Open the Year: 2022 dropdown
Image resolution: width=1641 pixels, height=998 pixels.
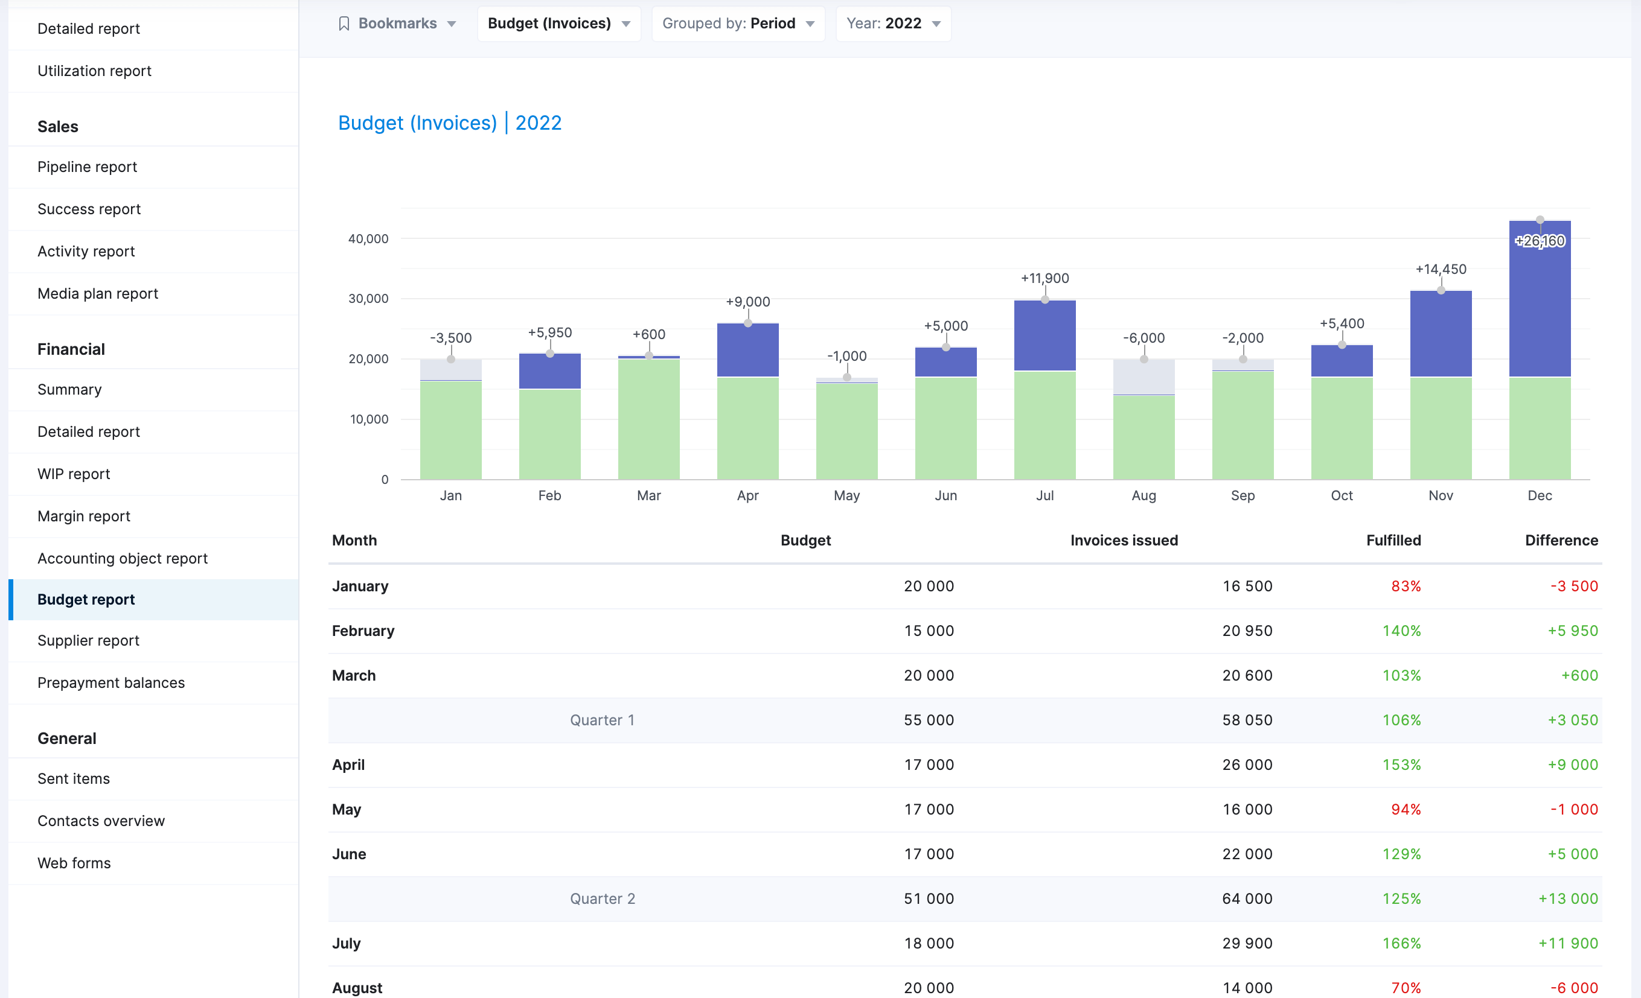tap(892, 24)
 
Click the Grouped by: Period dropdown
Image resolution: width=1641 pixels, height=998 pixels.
tap(738, 24)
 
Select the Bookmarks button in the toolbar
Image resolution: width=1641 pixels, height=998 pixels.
tap(397, 24)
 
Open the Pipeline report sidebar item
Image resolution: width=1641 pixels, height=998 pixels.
tap(88, 167)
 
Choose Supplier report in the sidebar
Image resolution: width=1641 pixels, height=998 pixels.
tap(89, 640)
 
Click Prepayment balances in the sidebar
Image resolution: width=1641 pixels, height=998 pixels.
tap(111, 682)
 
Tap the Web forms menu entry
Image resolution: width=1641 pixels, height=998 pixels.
tap(74, 863)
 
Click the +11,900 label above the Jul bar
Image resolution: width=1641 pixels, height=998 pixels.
tap(1044, 278)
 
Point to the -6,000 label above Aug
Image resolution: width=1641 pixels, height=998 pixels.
tap(1144, 337)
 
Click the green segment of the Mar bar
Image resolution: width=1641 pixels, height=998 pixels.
tap(648, 419)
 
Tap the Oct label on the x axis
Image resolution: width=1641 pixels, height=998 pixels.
tap(1342, 495)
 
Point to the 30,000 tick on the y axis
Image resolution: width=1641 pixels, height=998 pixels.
tap(368, 299)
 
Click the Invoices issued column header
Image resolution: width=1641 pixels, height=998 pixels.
tap(1124, 541)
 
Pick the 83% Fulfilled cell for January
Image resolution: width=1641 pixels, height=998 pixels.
tap(1406, 586)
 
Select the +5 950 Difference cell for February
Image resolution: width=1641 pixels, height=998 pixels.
tap(1572, 631)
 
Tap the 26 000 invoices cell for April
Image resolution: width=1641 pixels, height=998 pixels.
tap(1247, 765)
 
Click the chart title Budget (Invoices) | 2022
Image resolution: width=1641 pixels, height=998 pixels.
tap(450, 123)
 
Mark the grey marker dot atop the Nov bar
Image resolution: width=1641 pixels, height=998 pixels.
tap(1441, 290)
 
